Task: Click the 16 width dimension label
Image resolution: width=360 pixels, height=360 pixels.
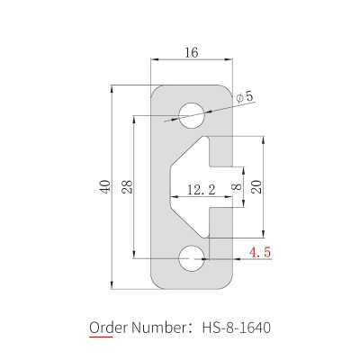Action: tap(192, 52)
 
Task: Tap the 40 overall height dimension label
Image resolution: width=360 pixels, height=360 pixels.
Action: tap(105, 186)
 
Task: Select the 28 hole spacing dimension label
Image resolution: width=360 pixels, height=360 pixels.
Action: tap(128, 186)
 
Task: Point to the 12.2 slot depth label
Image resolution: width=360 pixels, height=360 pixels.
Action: tap(202, 190)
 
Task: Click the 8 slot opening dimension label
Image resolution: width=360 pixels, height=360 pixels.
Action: tap(237, 187)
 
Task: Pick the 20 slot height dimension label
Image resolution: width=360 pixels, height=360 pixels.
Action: tap(256, 186)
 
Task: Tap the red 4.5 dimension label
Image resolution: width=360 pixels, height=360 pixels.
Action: tap(260, 252)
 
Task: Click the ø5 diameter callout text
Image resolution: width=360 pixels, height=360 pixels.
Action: tap(245, 96)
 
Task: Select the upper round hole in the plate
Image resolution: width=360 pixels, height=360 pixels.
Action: tap(192, 116)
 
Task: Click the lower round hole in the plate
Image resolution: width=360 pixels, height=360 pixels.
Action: tap(192, 258)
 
